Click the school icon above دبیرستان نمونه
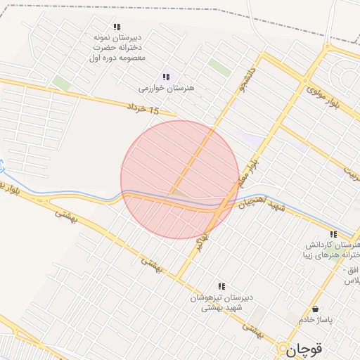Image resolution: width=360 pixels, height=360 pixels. pos(117,27)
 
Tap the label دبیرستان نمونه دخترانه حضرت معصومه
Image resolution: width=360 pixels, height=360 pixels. pos(117,46)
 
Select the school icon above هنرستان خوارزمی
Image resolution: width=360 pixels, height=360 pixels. pos(166,77)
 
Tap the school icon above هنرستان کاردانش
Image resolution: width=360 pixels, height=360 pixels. pos(333,234)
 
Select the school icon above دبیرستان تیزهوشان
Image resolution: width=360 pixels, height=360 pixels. pos(221,286)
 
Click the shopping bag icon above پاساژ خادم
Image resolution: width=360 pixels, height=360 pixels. pos(314,309)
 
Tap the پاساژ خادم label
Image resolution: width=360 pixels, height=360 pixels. pos(314,320)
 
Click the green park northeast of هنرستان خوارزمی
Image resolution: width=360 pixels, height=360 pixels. pos(219,68)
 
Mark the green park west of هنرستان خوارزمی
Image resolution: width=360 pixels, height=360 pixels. pos(62,84)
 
